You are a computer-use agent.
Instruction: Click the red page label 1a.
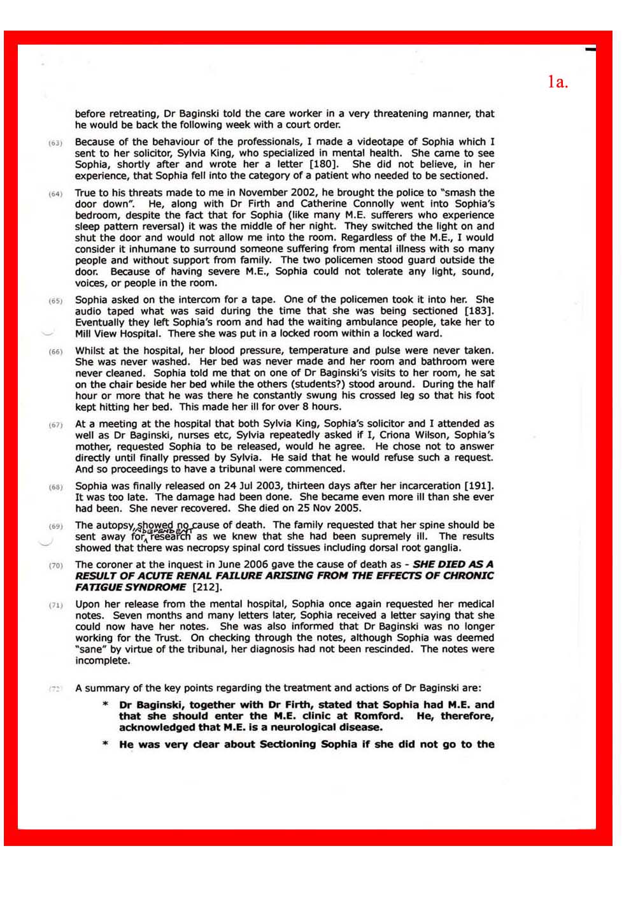557,82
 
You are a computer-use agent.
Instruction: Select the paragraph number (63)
55,143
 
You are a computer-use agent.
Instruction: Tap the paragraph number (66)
55,352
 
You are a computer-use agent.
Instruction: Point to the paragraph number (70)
55,565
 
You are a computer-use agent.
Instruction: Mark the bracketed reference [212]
206,587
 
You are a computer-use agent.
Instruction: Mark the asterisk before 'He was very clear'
106,744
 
